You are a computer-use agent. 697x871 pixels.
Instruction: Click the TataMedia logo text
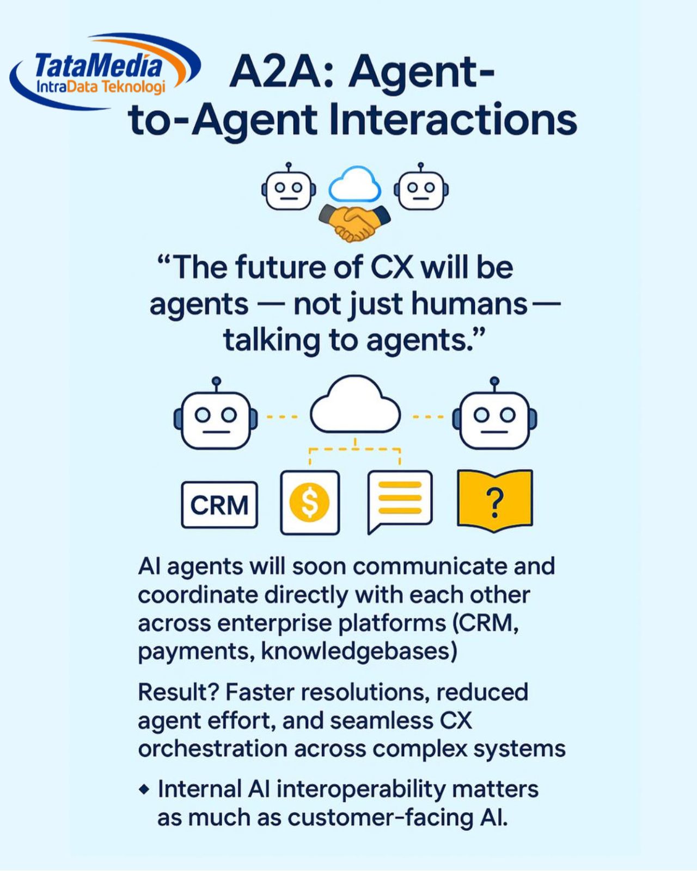coord(98,66)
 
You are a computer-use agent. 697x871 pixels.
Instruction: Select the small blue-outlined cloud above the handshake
coord(355,185)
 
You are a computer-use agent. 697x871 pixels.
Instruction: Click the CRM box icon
coord(219,505)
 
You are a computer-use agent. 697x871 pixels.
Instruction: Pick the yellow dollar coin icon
coord(310,502)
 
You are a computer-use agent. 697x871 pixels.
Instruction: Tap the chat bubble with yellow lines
coord(400,502)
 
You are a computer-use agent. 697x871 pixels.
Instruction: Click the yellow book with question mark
coord(494,501)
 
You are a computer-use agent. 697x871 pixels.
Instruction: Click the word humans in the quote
coord(469,304)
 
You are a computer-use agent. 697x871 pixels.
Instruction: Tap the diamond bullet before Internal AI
coord(144,790)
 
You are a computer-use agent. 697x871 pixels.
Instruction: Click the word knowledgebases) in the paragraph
coord(359,652)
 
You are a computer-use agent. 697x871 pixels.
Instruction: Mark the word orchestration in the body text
coord(213,749)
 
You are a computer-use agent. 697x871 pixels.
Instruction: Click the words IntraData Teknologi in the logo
coord(101,87)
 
